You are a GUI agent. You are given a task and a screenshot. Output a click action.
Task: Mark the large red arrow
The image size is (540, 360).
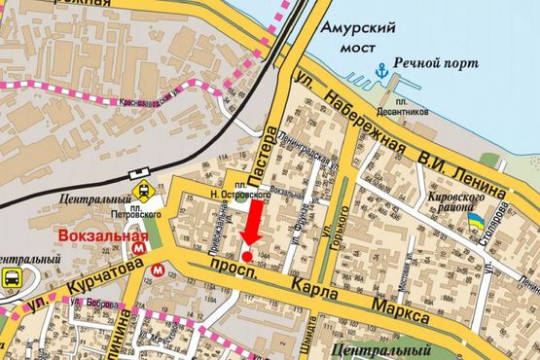coord(251,223)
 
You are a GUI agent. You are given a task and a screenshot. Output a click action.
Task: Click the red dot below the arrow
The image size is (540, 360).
coord(247,256)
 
